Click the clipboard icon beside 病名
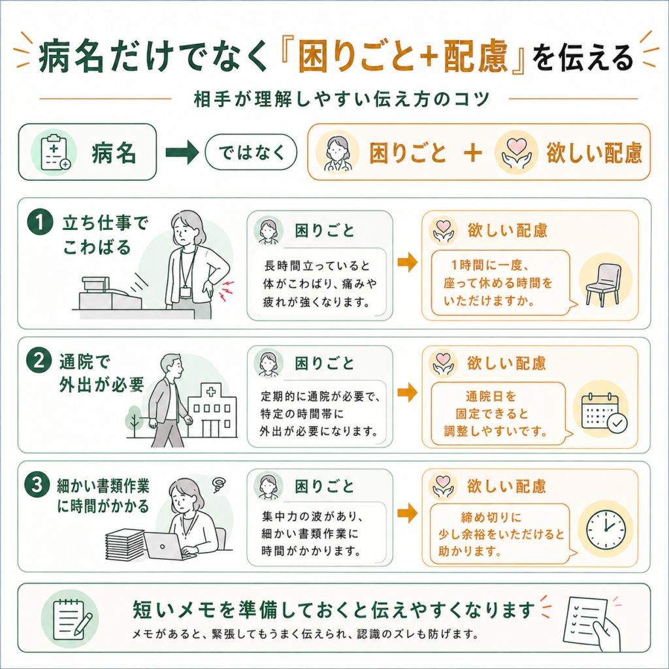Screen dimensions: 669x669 [x=54, y=152]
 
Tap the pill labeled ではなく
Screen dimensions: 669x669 [x=251, y=152]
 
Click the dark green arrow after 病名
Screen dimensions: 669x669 [x=182, y=152]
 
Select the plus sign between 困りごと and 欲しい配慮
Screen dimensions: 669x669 [x=473, y=153]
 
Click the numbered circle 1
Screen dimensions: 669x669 [x=40, y=222]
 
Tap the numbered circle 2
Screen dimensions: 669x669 [x=39, y=361]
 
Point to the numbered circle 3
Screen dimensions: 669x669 [x=37, y=485]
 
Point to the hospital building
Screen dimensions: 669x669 [x=212, y=411]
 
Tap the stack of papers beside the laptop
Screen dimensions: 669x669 [x=125, y=544]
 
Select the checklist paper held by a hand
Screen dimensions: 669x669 [x=585, y=621]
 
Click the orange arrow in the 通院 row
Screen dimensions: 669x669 [x=408, y=393]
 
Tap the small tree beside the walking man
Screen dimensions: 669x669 [x=135, y=419]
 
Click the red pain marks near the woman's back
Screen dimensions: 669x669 [x=227, y=290]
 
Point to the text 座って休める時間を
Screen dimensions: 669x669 [x=498, y=283]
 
